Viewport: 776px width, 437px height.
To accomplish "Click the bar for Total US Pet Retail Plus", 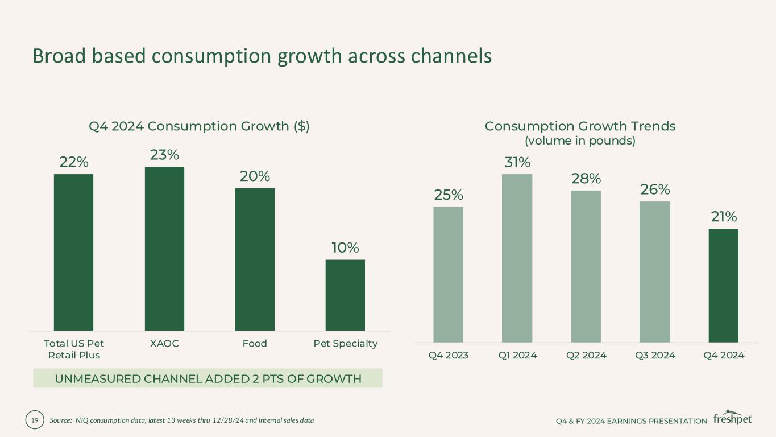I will coord(73,252).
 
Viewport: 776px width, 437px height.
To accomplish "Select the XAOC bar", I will coord(164,249).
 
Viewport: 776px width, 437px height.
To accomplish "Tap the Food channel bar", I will coord(255,259).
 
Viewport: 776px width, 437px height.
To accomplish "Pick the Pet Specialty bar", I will coord(345,295).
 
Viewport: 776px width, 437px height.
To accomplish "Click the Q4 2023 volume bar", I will coord(448,274).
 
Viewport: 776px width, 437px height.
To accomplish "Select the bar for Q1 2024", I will coord(517,258).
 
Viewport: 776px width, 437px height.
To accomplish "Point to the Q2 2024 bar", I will coord(586,266).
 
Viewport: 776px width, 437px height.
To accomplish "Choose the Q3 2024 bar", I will coord(654,271).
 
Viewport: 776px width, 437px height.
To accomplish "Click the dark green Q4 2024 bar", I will coord(723,285).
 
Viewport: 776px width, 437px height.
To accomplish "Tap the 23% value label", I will coord(164,155).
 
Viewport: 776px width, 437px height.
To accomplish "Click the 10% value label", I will coord(345,248).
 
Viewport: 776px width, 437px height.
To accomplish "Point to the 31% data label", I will coord(517,162).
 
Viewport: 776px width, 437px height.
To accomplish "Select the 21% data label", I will coord(723,217).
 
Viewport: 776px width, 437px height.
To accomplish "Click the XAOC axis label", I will coord(164,344).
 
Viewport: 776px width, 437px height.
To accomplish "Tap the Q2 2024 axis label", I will coord(586,355).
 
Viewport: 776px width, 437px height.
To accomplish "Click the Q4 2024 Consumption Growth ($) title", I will coord(199,126).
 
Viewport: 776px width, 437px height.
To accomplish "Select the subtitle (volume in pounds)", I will coord(580,141).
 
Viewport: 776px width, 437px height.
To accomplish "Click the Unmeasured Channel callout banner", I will coord(208,378).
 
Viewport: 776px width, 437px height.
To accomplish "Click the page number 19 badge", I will coord(34,420).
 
